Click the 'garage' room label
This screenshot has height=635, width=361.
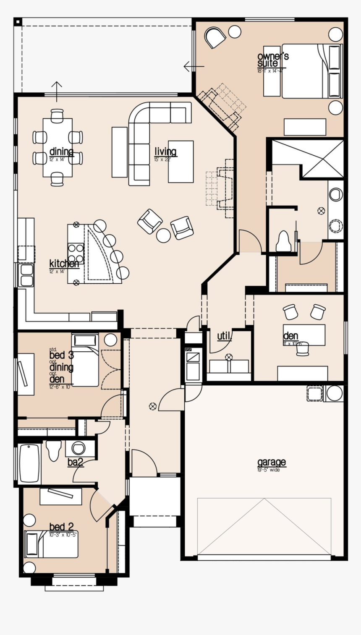point(271,462)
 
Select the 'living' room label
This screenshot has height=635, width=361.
point(165,152)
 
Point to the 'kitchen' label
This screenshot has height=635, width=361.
point(64,264)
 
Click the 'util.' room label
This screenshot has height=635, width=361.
point(224,336)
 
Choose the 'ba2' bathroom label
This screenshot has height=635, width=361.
point(76,462)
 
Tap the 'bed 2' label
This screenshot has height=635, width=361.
point(62,527)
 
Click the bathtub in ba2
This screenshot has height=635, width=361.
point(30,463)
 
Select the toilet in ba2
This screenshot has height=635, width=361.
point(54,450)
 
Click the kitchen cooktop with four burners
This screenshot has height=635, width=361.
point(76,253)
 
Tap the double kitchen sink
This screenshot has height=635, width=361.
point(26,275)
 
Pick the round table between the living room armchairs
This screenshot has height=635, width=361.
point(163,235)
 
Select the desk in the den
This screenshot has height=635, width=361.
point(304,334)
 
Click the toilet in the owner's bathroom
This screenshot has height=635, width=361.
point(284,241)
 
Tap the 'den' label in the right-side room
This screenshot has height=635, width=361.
point(290,336)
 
